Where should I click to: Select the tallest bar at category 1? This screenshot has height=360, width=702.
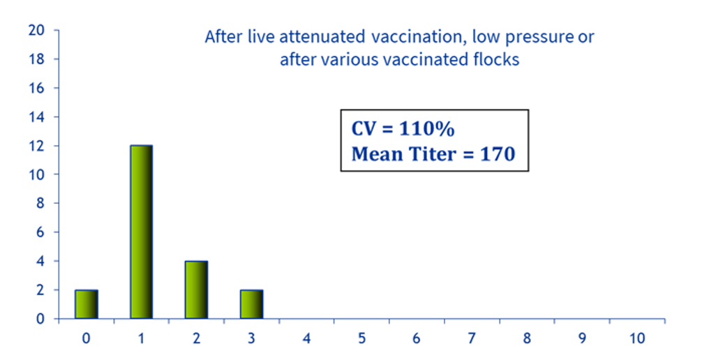[141, 232]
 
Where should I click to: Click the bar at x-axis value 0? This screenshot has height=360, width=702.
[86, 304]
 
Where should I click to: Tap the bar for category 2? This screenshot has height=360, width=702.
[196, 290]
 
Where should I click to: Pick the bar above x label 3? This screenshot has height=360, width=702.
[251, 304]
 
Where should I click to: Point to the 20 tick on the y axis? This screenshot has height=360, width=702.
[36, 31]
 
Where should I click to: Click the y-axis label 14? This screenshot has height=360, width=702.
[36, 117]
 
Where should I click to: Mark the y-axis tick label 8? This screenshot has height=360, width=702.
[40, 204]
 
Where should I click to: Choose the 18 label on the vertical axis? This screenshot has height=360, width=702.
[36, 59]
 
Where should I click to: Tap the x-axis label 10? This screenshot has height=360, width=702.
[637, 338]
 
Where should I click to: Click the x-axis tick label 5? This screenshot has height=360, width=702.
[361, 338]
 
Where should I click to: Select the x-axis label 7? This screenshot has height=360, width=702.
[472, 338]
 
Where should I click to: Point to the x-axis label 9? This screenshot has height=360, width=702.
[582, 338]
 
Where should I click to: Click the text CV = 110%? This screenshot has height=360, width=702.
[403, 129]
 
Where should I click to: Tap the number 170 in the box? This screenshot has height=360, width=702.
[498, 154]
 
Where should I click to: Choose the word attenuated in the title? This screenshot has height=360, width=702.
[322, 37]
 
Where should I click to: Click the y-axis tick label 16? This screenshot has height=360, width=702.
[36, 88]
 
